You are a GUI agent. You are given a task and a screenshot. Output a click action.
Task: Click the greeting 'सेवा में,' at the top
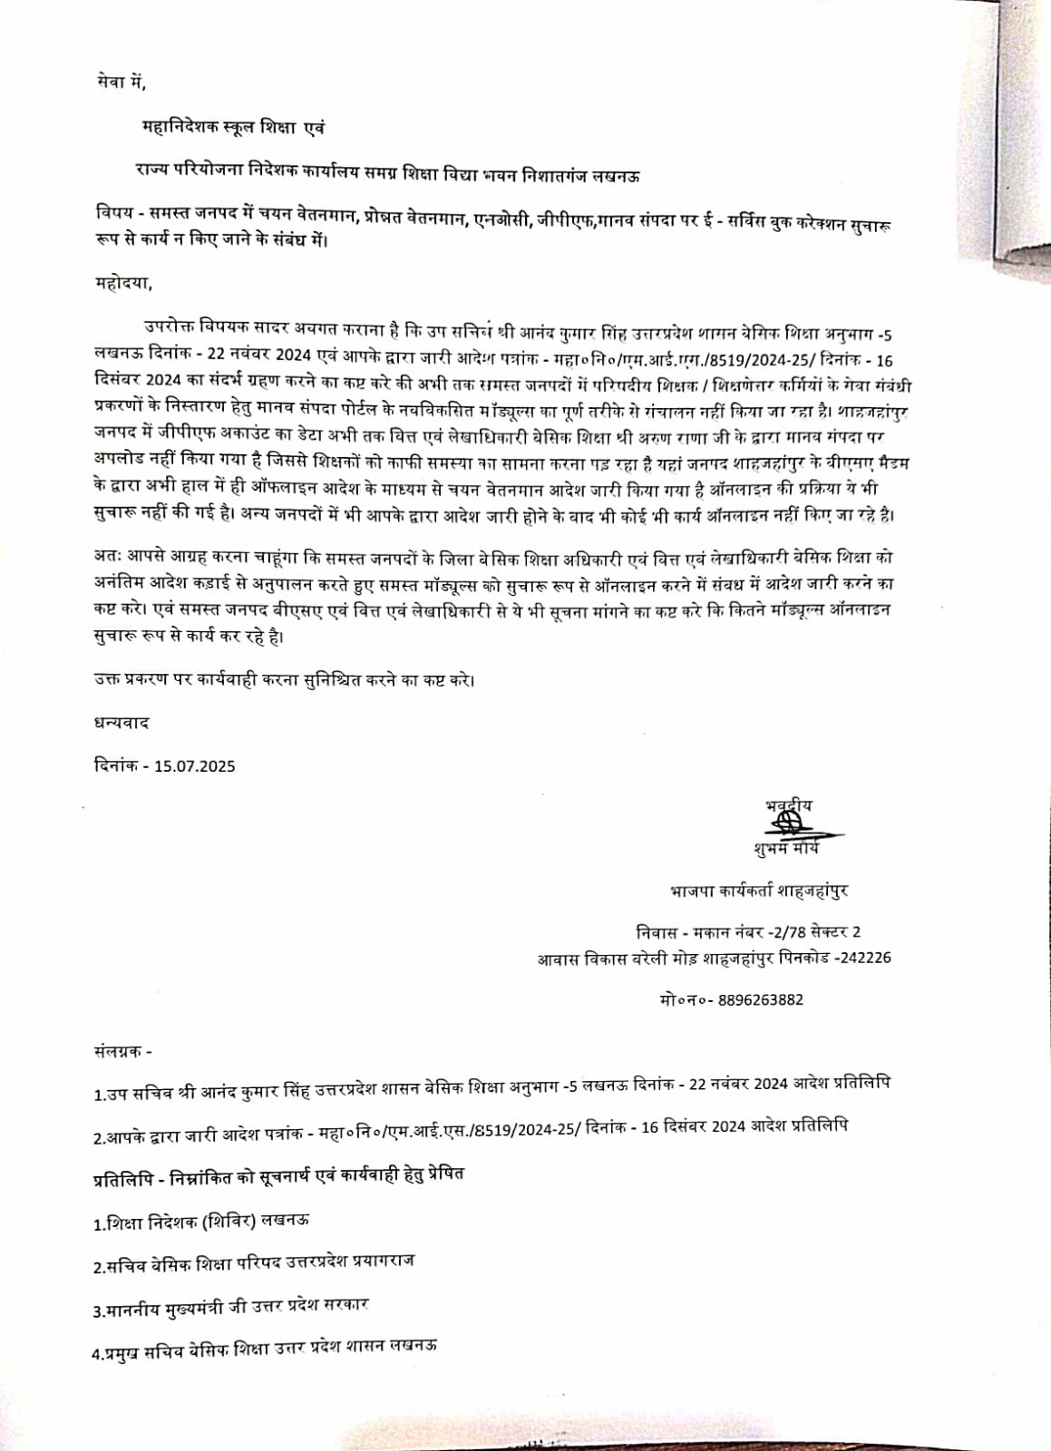120,83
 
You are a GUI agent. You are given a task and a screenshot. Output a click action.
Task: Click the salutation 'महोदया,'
123,283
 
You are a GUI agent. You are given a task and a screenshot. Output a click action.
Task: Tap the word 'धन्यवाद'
121,723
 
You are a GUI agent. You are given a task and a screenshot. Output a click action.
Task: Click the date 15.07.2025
194,765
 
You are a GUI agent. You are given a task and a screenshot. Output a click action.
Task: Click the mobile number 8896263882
760,999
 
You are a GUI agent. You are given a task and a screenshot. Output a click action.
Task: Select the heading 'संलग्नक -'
122,1051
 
